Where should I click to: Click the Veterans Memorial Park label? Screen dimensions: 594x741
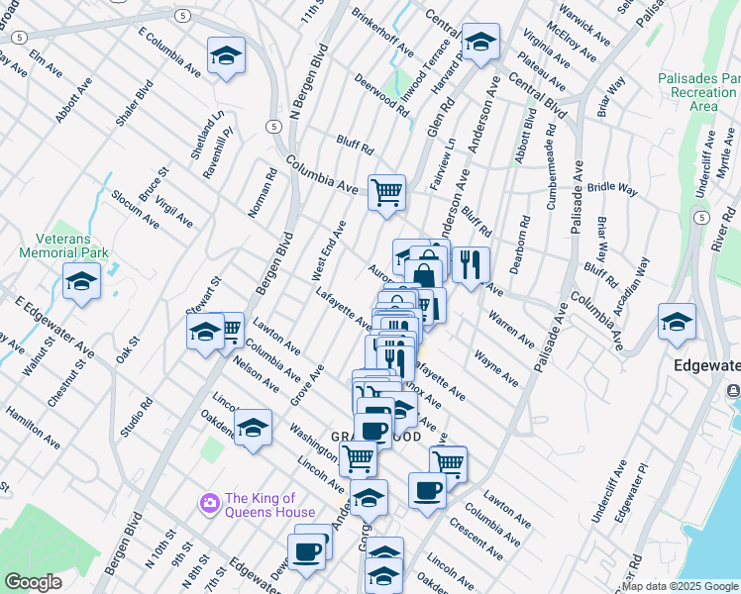coord(62,245)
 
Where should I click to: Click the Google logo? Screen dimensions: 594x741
coord(33,582)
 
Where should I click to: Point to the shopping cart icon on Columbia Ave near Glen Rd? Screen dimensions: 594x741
coord(386,191)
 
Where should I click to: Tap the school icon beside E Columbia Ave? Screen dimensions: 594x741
coord(226,56)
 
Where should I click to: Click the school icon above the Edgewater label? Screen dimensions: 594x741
coord(677,322)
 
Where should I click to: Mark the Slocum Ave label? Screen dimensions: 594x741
coord(135,209)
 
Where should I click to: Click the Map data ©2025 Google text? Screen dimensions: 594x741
coord(680,586)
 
